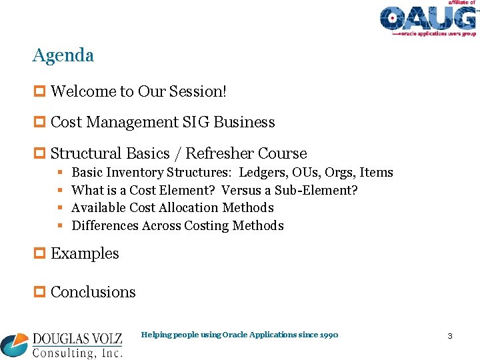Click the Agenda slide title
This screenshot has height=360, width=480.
(63, 55)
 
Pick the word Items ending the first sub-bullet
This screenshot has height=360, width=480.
(377, 173)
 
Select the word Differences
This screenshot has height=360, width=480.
(105, 226)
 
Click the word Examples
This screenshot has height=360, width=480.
(85, 254)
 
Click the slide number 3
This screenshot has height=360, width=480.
(449, 336)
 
